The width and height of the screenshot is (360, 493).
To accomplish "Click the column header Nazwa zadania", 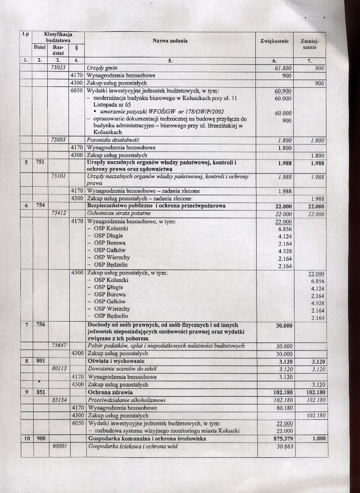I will pos(170,41).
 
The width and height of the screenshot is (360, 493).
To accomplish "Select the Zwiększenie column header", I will pos(274,41).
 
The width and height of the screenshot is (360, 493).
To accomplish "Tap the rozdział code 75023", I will pos(60,68).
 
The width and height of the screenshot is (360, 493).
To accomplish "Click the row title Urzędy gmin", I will pos(102,68).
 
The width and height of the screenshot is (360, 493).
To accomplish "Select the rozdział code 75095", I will pos(60,140).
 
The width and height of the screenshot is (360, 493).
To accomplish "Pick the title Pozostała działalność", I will pos(113,140).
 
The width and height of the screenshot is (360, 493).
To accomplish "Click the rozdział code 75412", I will pos(60,214).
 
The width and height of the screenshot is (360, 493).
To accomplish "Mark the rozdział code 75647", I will pos(60,346).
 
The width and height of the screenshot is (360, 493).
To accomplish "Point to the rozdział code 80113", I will pos(60,369).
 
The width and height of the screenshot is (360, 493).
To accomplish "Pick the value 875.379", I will pos(282,439).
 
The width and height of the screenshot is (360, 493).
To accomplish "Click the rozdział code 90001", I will pos(60,447).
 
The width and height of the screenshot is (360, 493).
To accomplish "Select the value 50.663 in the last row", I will pos(284,447).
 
